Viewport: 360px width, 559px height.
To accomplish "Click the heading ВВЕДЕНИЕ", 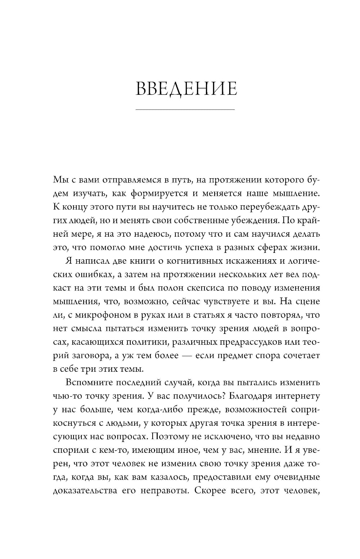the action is point(186,89).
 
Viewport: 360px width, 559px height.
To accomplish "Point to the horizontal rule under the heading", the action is point(185,109).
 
